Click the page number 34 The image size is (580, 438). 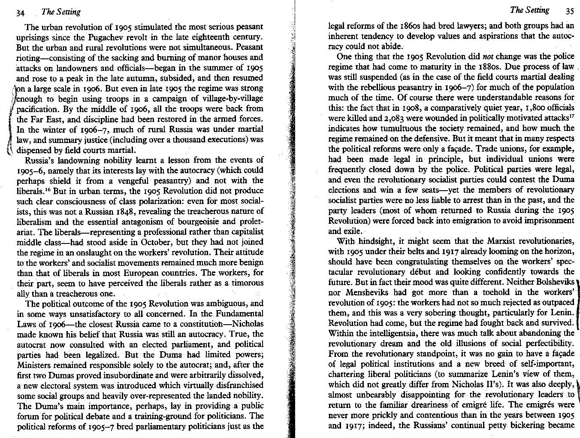click(x=20, y=12)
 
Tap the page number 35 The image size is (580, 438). click(x=569, y=11)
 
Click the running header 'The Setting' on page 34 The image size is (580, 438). click(x=61, y=12)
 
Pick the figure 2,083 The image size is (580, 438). click(x=387, y=118)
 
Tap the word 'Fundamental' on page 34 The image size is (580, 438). click(x=240, y=314)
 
